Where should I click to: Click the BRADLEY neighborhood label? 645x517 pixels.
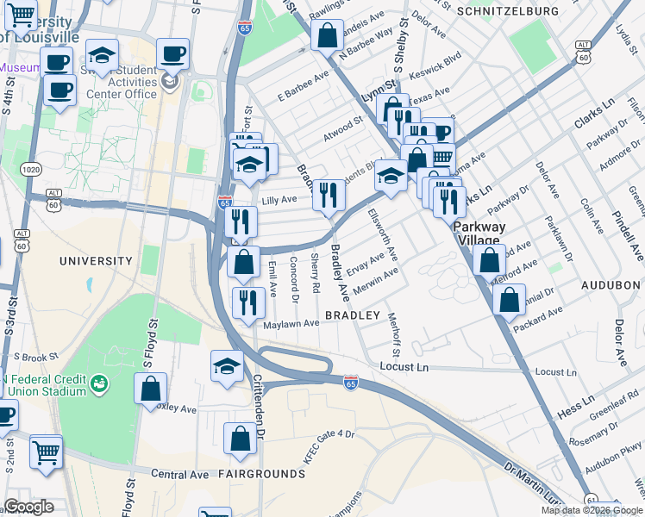[x=352, y=316]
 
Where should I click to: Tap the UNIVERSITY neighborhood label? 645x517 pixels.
[x=96, y=260]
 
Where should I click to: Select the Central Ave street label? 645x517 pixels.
[x=179, y=474]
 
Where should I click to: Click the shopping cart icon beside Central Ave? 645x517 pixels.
[x=46, y=451]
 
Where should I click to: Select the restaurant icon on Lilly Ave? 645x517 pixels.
[x=327, y=195]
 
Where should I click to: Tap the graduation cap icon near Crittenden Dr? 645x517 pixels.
[x=227, y=364]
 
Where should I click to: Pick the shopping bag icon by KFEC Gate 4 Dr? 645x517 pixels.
[x=240, y=438]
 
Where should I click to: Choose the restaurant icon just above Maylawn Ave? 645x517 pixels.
[x=247, y=302]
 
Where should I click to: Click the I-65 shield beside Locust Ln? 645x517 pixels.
[x=351, y=380]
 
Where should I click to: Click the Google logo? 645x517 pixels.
[x=28, y=507]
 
